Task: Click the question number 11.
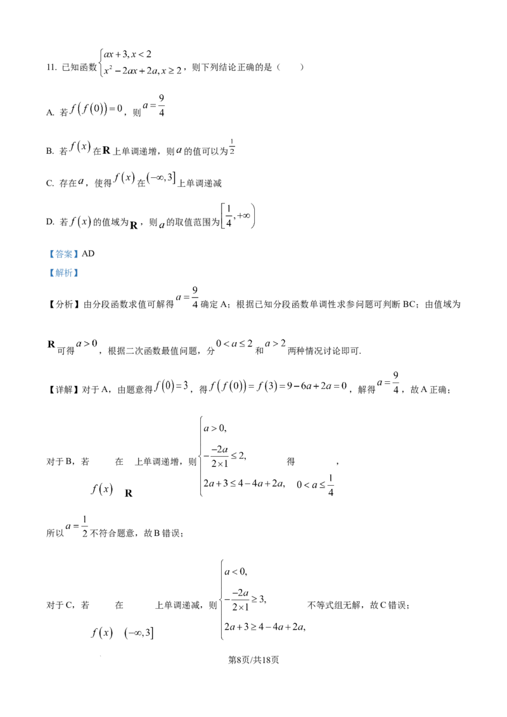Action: click(51, 68)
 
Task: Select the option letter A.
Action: click(50, 113)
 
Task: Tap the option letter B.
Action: click(50, 151)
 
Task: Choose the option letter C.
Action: click(50, 183)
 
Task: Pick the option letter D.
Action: click(50, 222)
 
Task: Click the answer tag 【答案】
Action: click(63, 254)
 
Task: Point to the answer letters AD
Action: click(88, 254)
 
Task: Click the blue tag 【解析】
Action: click(63, 273)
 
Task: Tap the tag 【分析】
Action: click(64, 305)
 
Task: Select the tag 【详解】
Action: click(64, 390)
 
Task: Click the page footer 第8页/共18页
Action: click(253, 660)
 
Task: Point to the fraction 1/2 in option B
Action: click(232, 147)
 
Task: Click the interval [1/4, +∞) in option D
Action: click(238, 216)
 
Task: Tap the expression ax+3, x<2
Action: click(127, 54)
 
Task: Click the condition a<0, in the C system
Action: click(236, 571)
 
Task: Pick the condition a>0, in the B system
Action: click(215, 428)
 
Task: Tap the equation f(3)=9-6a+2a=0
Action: click(302, 386)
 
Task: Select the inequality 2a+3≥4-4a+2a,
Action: click(265, 627)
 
